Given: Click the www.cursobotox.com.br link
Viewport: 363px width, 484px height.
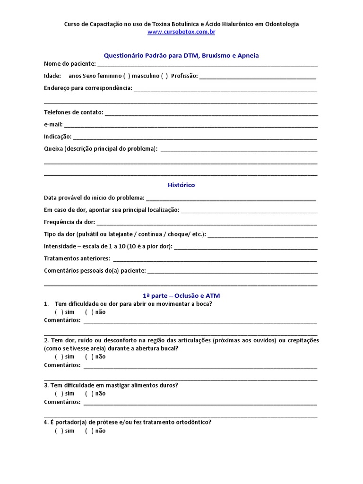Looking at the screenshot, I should [181, 32].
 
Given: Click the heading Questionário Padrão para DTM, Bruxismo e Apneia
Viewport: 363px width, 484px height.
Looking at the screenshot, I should [181, 55].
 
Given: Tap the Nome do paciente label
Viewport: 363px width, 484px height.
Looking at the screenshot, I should [69, 64].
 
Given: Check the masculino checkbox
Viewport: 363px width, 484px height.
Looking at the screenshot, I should [164, 76].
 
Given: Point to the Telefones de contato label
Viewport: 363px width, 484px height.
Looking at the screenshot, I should [73, 112].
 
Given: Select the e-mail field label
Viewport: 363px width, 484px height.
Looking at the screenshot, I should [53, 125].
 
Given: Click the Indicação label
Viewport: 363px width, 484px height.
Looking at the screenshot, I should [58, 137].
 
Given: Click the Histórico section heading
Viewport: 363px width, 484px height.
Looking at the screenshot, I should [181, 185].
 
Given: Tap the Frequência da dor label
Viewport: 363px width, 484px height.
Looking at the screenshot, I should [69, 222].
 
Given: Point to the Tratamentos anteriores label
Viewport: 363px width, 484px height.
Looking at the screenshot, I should [77, 259].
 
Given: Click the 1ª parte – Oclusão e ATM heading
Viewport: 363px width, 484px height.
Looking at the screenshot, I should [181, 295].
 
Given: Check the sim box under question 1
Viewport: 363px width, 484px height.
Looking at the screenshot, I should [59, 312].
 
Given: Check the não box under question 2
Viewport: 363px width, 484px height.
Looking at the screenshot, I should [89, 357].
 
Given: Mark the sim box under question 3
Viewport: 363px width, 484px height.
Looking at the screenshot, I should [59, 394].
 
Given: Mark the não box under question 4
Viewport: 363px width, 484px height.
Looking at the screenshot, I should [89, 431].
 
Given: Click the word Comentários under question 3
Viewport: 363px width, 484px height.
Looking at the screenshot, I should [62, 402].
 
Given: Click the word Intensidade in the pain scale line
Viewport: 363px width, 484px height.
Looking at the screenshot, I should [60, 247].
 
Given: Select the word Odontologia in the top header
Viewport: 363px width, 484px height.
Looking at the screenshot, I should [281, 24].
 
